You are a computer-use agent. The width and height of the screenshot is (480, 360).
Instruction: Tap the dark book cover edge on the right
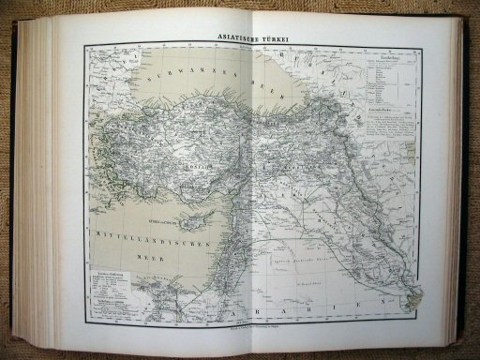pyautogui.click(x=469, y=178)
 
